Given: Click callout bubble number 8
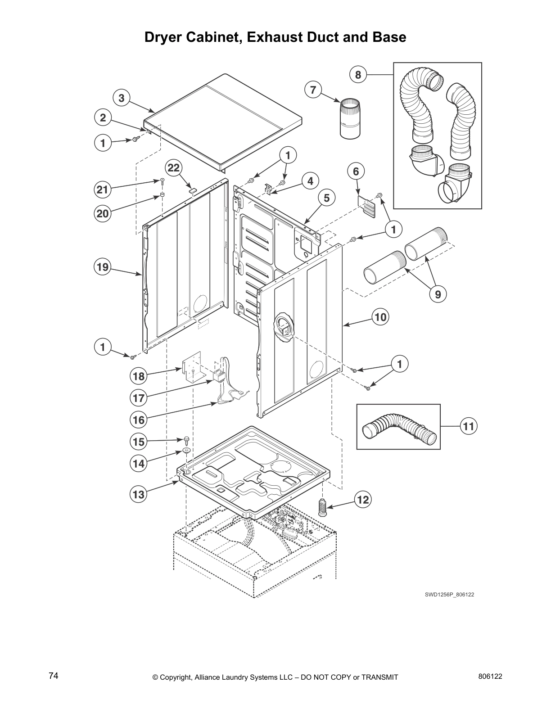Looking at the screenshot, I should click(x=358, y=75).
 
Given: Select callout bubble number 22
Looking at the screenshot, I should click(x=174, y=168).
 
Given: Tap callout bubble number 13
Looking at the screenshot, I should click(x=138, y=495).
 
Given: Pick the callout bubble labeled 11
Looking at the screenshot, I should click(x=469, y=426).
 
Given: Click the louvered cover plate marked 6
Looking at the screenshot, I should click(x=368, y=206).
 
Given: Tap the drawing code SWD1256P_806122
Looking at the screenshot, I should click(x=449, y=595).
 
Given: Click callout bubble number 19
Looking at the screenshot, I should click(x=103, y=267).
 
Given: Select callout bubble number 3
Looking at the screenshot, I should click(x=122, y=98).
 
